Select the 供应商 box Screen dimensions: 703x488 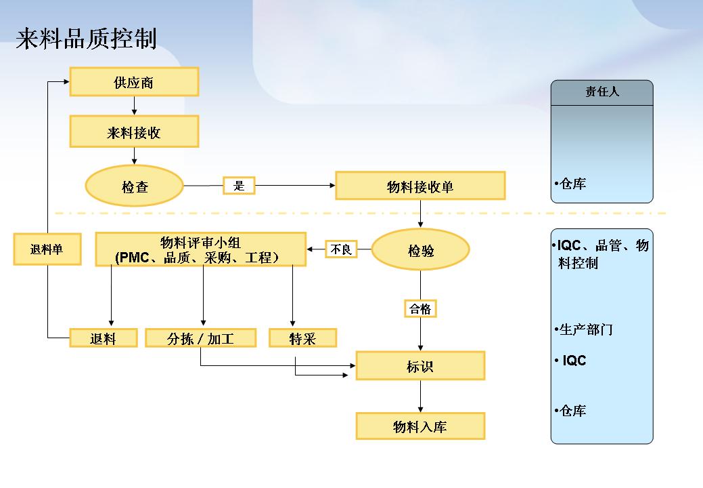click(x=134, y=82)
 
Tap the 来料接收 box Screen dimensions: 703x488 click(x=134, y=131)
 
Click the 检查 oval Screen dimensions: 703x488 click(x=135, y=186)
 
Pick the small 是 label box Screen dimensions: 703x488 click(x=239, y=186)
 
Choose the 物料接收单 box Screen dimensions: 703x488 click(x=420, y=186)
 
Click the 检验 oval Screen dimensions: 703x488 click(x=421, y=249)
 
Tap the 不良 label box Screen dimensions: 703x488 click(x=341, y=249)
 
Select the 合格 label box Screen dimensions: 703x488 click(x=421, y=308)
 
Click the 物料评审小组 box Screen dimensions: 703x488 click(x=201, y=249)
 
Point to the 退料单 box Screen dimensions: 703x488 click(x=47, y=249)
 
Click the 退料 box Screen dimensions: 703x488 click(x=104, y=338)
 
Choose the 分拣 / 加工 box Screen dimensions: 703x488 click(x=201, y=338)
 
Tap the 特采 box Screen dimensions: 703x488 click(x=302, y=338)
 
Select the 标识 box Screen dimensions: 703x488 click(x=421, y=366)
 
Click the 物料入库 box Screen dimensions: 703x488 click(x=421, y=426)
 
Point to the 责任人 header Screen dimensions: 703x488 click(x=602, y=92)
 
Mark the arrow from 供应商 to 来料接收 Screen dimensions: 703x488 click(x=134, y=106)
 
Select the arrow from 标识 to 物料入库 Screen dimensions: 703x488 click(x=421, y=396)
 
